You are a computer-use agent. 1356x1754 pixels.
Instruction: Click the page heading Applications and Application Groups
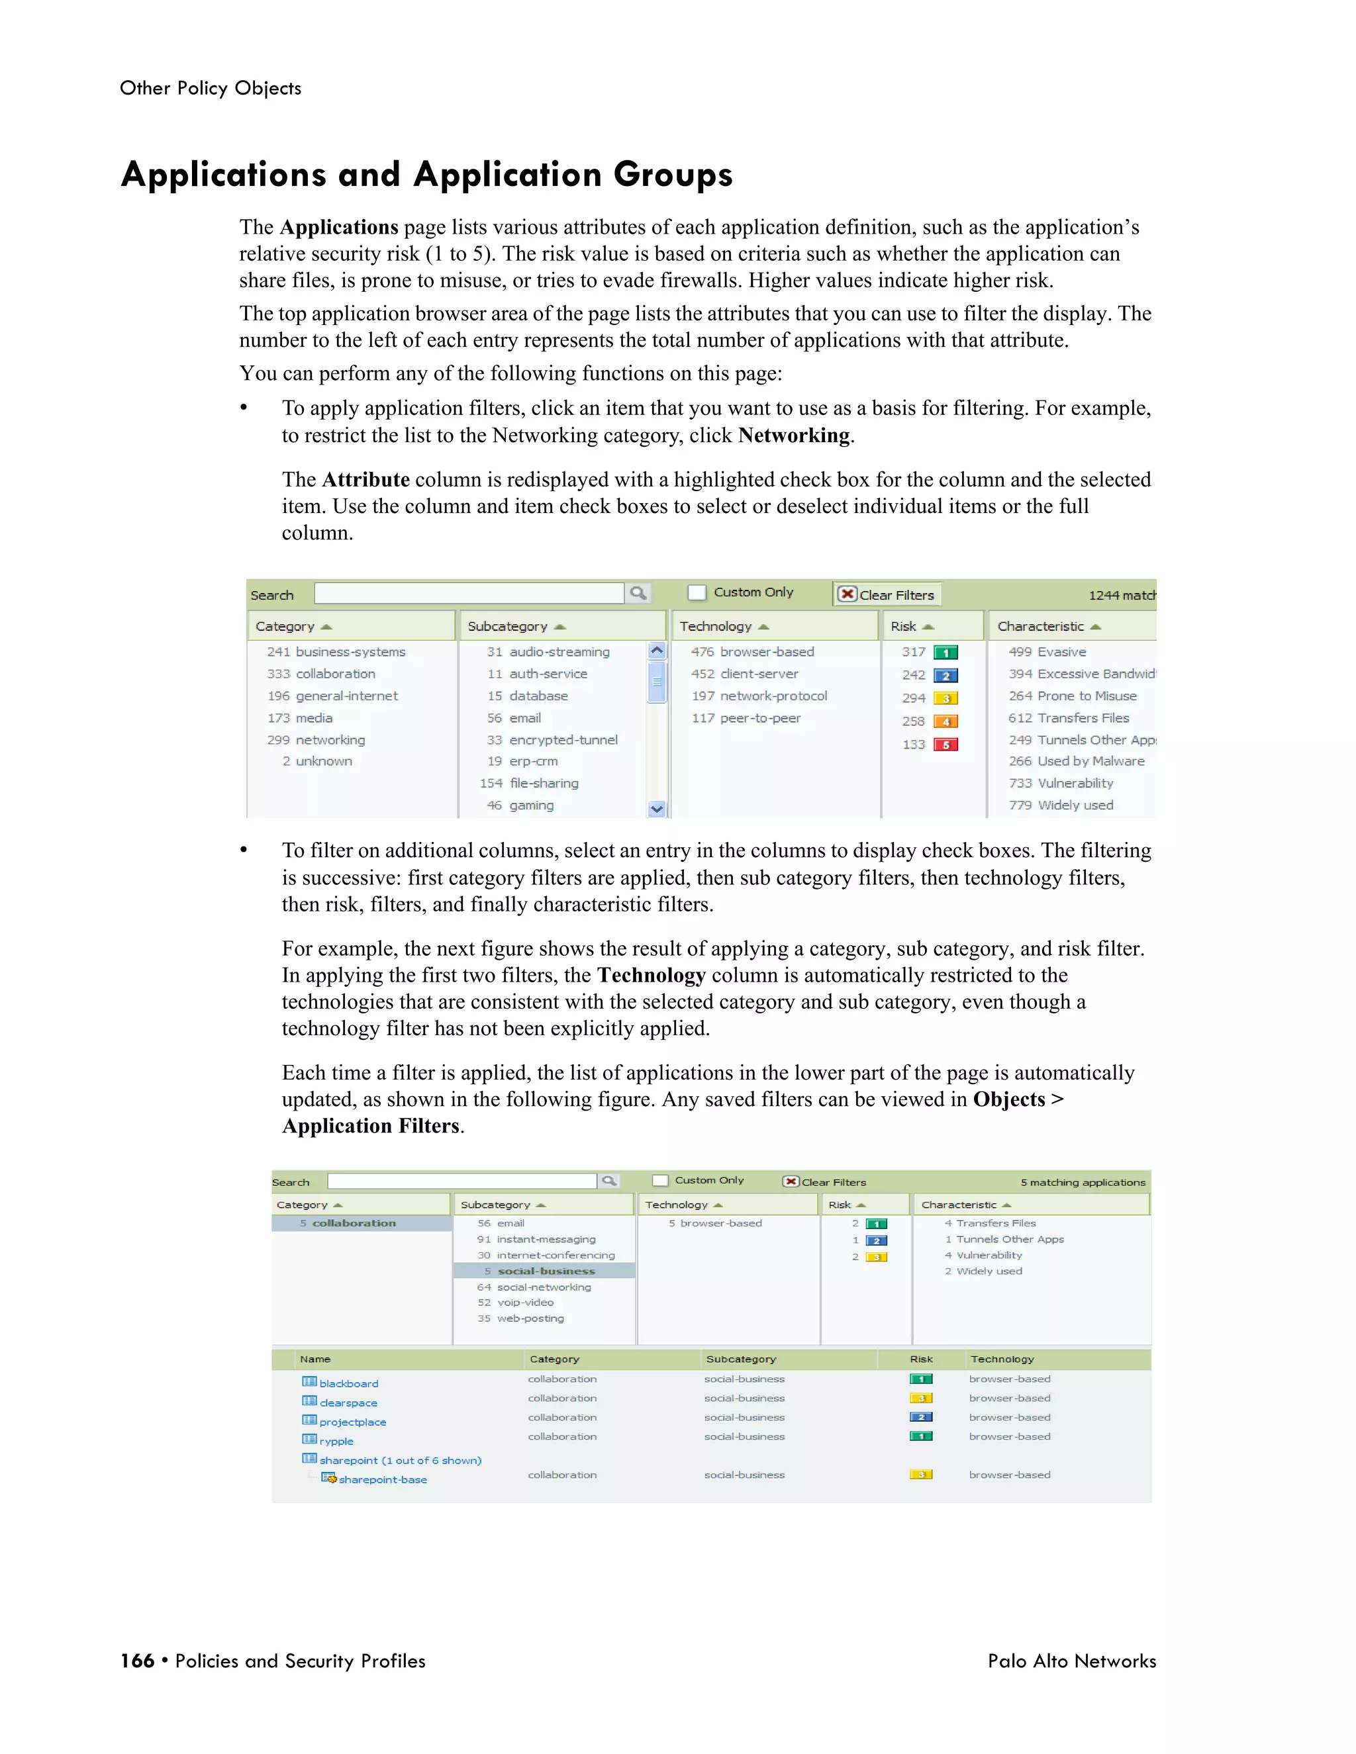426,174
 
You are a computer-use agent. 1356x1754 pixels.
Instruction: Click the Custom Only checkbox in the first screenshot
697,592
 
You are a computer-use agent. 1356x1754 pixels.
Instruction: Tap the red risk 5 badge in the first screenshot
945,745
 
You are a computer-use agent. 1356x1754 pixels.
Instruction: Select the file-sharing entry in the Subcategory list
543,783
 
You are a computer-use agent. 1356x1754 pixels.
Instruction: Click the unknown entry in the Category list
323,761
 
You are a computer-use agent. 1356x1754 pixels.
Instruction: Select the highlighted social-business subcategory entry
546,1271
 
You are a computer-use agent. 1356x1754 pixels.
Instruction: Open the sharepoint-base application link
383,1479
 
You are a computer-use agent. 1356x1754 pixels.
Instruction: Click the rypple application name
336,1441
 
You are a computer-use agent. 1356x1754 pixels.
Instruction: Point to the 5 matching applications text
1082,1182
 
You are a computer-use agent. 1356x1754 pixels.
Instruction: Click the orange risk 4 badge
945,721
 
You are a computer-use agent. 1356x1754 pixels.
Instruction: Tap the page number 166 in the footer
137,1661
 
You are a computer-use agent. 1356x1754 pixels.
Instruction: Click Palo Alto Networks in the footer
1072,1661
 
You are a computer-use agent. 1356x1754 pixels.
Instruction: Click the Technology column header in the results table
1002,1359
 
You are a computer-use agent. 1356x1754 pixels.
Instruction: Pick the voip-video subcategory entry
524,1303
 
